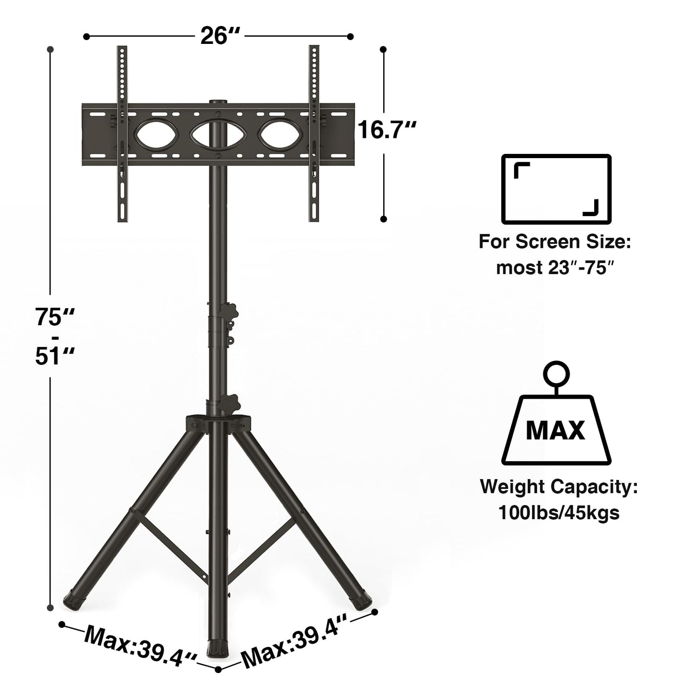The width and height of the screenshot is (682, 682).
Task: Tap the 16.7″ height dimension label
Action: point(387,129)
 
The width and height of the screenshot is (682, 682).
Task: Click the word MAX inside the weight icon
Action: point(555,430)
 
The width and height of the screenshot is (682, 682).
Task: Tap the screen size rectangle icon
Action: point(556,189)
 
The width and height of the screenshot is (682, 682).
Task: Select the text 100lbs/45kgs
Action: point(559,512)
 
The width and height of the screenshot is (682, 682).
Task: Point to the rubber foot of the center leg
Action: point(218,649)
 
